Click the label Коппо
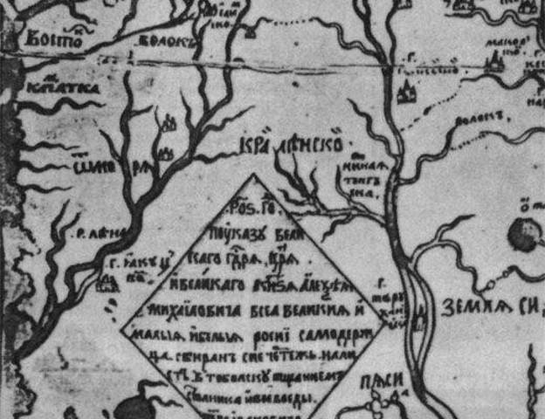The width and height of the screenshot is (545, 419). [52, 38]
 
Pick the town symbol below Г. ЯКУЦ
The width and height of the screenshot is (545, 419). [108, 283]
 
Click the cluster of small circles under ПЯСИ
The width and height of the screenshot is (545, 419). [377, 402]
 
